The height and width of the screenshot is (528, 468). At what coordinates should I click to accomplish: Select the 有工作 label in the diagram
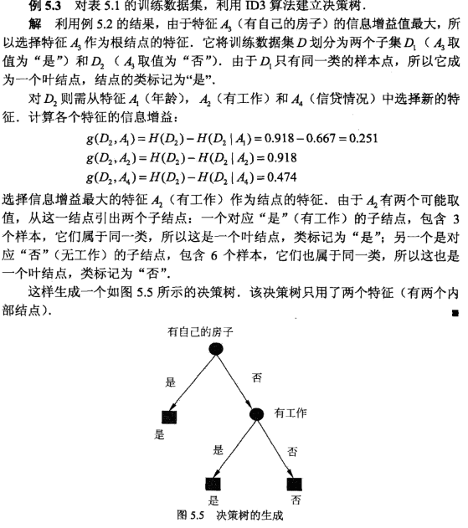click(291, 413)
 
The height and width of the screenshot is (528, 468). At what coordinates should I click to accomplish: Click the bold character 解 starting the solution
click(33, 22)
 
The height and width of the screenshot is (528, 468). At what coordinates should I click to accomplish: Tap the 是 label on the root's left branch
click(171, 382)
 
